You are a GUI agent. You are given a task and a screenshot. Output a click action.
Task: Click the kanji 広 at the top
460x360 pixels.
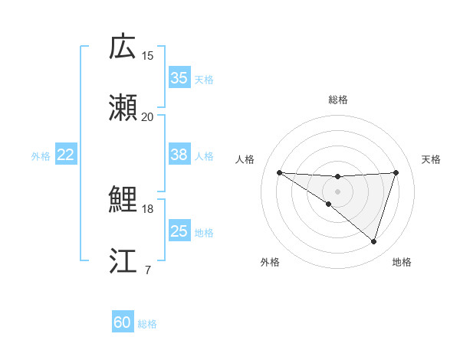point(123,47)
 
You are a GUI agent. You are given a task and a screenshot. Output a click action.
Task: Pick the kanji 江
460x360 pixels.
point(123,260)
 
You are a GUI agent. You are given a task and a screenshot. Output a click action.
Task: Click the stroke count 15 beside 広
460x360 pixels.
point(148,55)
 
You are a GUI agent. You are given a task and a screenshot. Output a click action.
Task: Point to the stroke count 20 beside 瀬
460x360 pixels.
point(148,116)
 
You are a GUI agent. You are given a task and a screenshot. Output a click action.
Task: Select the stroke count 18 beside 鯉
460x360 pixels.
point(148,208)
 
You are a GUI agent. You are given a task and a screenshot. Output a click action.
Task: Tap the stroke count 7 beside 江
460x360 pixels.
point(148,270)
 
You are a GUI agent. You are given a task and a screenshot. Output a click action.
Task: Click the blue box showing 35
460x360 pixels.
point(179,78)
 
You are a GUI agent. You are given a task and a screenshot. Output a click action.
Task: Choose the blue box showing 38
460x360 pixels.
point(179,155)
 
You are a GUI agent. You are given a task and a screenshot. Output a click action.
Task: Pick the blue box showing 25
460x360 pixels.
point(179,231)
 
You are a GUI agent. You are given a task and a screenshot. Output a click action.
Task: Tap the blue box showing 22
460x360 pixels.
point(66,155)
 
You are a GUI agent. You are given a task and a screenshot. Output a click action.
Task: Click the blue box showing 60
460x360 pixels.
point(123,322)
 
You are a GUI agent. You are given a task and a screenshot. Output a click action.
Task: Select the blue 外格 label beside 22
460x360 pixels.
point(41,156)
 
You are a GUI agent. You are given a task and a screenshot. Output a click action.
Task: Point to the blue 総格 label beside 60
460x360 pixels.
point(147,324)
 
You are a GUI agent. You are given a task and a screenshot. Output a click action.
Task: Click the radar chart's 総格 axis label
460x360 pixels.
point(338,100)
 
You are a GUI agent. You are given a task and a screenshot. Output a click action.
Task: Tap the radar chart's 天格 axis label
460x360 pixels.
point(432,159)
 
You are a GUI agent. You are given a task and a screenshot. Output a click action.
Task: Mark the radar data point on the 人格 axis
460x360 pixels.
point(279,172)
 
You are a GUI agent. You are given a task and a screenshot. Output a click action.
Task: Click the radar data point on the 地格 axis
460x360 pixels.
point(374,241)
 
